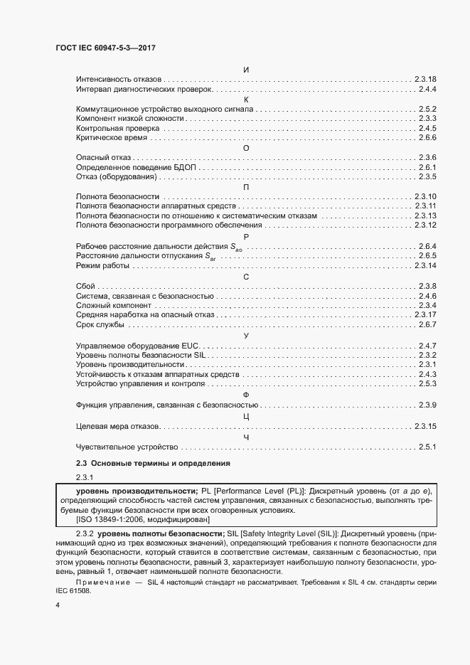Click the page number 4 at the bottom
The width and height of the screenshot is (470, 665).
click(58, 605)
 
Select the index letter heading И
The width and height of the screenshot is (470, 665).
click(245, 69)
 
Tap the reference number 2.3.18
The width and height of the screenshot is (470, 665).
click(424, 79)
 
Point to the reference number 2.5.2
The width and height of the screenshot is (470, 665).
click(427, 109)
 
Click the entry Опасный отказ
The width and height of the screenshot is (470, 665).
click(104, 157)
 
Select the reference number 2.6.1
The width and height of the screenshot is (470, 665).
click(427, 167)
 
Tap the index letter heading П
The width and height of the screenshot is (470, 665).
click(245, 186)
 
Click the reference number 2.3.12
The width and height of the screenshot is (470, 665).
click(424, 225)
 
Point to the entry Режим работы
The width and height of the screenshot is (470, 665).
click(102, 265)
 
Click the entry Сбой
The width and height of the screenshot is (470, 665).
click(85, 286)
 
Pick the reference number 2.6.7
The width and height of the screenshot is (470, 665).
click(427, 325)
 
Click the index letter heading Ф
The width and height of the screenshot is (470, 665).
click(245, 395)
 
